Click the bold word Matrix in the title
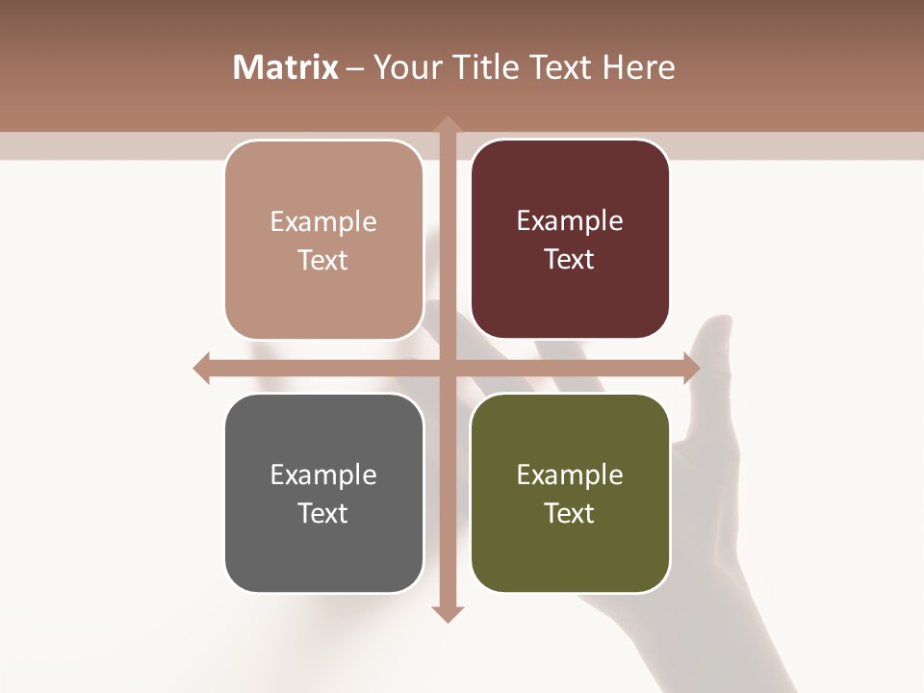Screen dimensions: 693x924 tap(286, 67)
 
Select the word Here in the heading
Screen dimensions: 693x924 tap(638, 67)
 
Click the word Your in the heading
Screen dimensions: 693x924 tap(404, 67)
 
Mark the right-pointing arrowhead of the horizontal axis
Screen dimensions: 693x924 tap(691, 368)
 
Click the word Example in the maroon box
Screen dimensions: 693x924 tap(570, 221)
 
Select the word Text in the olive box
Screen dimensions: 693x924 tap(570, 513)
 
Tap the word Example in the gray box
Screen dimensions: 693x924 tap(323, 475)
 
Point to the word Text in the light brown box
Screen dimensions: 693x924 tap(323, 260)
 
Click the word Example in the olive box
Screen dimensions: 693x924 tap(570, 475)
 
